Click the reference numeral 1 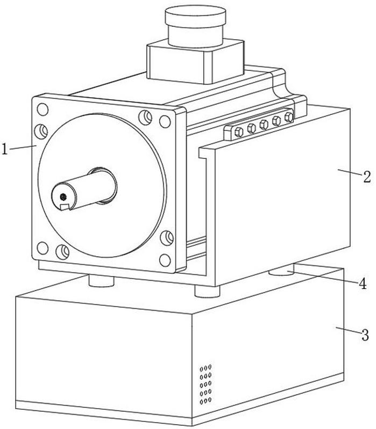(x=4, y=149)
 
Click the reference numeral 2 (x=367, y=177)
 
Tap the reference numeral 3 (x=365, y=335)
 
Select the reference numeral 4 (x=363, y=283)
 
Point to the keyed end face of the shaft (x=64, y=197)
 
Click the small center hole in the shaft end (x=63, y=197)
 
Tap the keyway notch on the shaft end (x=65, y=207)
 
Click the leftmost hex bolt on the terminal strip (x=239, y=133)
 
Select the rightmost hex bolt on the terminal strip (x=289, y=118)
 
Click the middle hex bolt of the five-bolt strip (x=264, y=125)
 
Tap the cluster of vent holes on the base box (x=205, y=384)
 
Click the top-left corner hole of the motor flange (x=42, y=110)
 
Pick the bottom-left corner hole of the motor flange (x=42, y=248)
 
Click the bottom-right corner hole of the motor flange (x=165, y=260)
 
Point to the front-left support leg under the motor (x=102, y=281)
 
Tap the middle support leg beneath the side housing (x=207, y=291)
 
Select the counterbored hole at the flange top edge (x=145, y=117)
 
